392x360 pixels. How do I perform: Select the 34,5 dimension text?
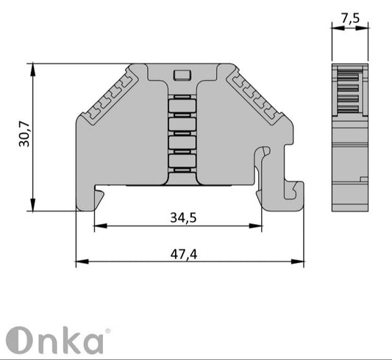click(x=183, y=217)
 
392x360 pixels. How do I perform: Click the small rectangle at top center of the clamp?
click(x=180, y=74)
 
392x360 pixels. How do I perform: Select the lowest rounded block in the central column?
click(x=180, y=161)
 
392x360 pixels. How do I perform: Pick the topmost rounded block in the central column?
click(x=180, y=106)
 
